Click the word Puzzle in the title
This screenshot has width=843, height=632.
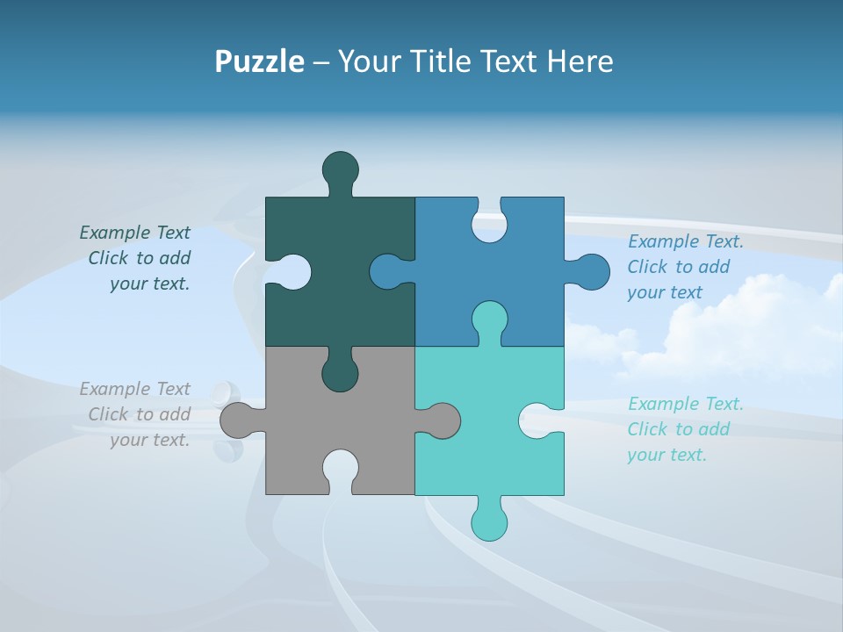259,62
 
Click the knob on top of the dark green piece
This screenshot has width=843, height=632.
340,169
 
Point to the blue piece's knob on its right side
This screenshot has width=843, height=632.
591,271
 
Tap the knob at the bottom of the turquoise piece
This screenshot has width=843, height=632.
489,522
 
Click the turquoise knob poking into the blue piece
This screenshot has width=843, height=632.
489,319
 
